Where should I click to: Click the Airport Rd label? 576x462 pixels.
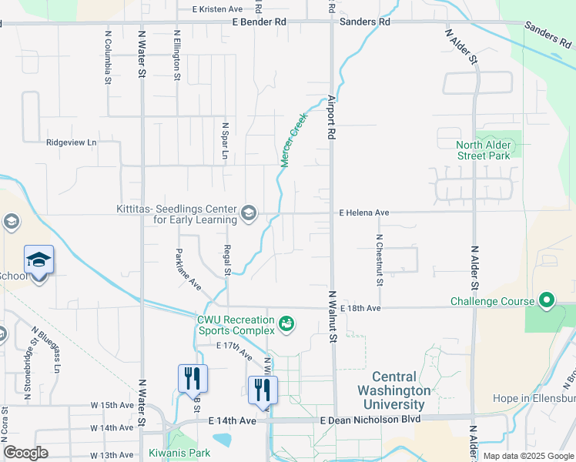tap(332, 117)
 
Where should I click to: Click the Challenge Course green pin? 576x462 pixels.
tap(547, 300)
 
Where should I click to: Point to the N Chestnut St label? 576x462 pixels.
tap(380, 259)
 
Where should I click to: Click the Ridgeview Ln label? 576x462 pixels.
tap(72, 142)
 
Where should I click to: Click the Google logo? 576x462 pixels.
tap(26, 452)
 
